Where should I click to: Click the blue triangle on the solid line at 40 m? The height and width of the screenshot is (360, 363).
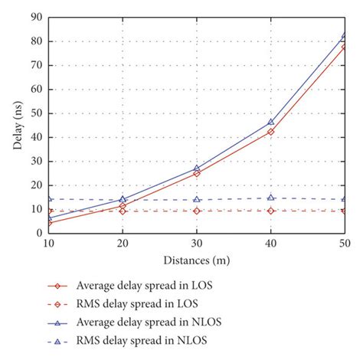270,122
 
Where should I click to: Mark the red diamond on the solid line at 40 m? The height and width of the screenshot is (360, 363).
270,132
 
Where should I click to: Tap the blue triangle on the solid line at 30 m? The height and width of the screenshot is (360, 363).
197,168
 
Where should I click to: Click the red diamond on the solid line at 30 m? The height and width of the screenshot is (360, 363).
197,173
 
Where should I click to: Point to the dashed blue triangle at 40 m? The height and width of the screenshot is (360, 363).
270,198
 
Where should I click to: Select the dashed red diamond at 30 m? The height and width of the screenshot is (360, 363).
197,211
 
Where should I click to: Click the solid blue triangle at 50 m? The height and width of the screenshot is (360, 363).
344,36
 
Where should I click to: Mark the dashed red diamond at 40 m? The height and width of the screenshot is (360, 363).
270,211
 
